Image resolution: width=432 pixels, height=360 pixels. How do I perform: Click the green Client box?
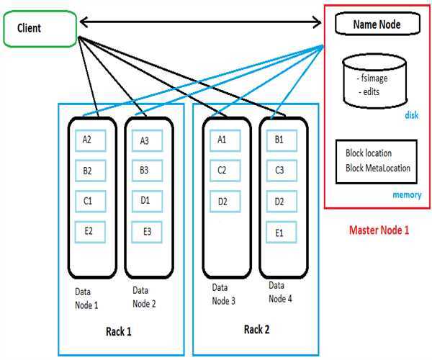click(x=40, y=29)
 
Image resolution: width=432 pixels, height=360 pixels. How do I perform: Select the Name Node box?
click(x=377, y=24)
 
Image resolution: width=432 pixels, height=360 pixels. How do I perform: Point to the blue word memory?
click(x=406, y=195)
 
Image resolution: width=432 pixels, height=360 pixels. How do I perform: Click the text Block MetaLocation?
click(x=378, y=168)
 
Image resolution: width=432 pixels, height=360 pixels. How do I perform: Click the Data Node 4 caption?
click(x=280, y=292)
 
